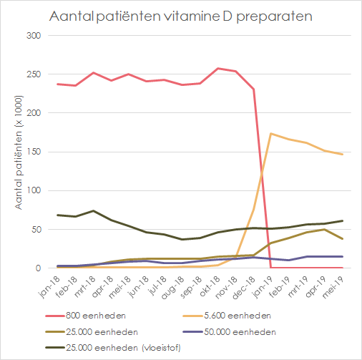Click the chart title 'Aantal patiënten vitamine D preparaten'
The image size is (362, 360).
click(181, 16)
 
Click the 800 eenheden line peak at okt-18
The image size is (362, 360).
click(218, 69)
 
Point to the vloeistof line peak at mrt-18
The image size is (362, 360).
click(93, 211)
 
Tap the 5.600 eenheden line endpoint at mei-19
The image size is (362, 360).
click(343, 155)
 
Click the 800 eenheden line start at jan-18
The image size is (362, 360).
click(57, 84)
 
